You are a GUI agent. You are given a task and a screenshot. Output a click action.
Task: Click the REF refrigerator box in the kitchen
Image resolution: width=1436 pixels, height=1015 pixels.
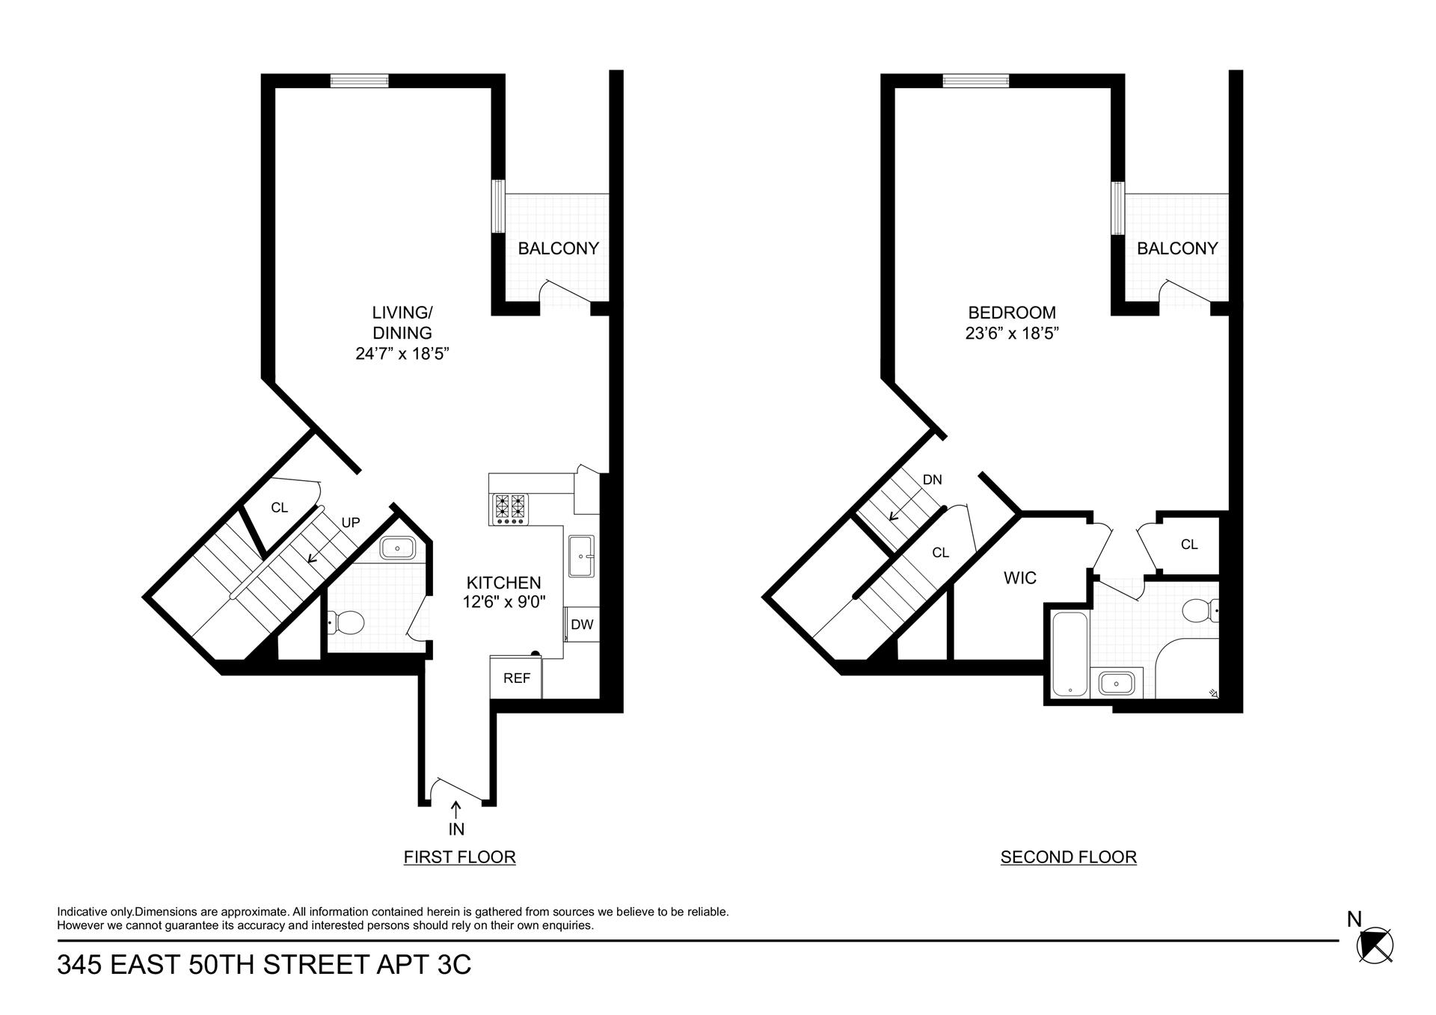click(516, 678)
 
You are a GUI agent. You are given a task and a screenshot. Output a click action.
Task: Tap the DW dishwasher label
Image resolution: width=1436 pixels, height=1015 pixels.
click(582, 625)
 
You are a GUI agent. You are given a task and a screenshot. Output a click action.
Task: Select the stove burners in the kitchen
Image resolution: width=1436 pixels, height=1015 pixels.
click(509, 508)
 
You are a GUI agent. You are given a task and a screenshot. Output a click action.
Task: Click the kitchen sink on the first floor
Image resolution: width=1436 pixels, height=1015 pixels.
click(581, 556)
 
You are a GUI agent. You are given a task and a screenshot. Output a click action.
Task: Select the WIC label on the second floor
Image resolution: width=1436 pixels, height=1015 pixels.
click(1019, 577)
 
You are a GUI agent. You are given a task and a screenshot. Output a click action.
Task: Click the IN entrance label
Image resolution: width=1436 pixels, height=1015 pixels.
click(456, 829)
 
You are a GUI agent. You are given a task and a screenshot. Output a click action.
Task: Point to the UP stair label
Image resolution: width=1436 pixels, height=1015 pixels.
click(351, 523)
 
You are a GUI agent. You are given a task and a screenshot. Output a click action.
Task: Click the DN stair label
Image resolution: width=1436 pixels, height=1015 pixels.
click(932, 480)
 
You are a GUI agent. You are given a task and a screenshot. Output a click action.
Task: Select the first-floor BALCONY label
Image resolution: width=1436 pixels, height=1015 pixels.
click(558, 248)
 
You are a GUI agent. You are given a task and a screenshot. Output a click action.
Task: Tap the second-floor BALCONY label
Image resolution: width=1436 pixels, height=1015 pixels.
click(1177, 248)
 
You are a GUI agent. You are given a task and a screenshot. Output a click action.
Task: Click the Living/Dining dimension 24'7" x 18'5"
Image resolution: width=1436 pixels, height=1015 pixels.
click(402, 354)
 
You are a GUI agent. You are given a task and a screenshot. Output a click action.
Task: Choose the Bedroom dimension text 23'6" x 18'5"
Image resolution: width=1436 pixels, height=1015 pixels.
click(1012, 334)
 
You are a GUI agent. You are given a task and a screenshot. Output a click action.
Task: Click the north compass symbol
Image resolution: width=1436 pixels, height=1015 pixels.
click(1375, 945)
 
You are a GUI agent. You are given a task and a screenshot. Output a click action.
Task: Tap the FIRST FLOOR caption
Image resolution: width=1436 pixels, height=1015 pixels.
click(459, 857)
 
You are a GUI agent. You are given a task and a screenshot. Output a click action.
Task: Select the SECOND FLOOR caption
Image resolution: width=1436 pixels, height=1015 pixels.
click(1068, 857)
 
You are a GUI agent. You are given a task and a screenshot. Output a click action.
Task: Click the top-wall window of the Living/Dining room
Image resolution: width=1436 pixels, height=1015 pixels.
click(360, 81)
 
